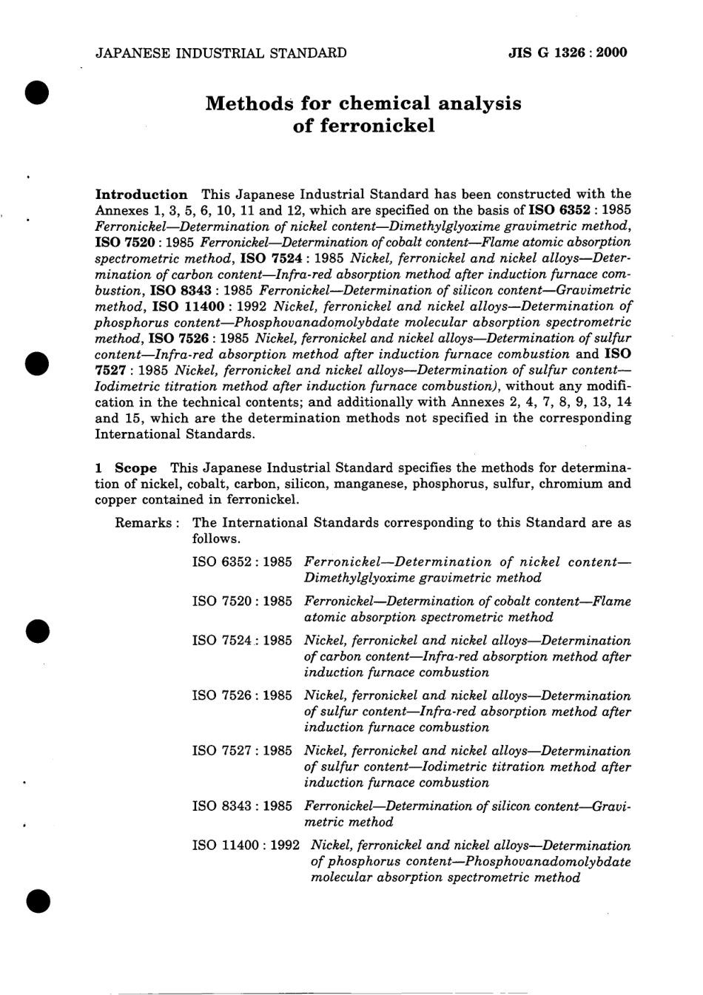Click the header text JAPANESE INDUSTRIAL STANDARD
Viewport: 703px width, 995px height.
(x=221, y=53)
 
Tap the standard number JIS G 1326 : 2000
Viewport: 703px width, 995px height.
(x=568, y=53)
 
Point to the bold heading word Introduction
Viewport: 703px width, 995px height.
(x=142, y=195)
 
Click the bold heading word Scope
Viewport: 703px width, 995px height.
(x=136, y=468)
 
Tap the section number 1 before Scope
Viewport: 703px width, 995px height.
(x=100, y=468)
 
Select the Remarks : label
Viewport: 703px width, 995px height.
(x=148, y=522)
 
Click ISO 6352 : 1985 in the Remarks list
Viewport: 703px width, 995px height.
(x=242, y=561)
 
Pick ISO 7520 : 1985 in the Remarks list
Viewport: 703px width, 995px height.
(x=242, y=601)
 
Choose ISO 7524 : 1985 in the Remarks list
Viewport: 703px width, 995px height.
(x=242, y=640)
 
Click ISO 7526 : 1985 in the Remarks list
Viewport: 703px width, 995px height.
(x=242, y=695)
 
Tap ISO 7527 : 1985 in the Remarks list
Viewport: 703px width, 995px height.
(x=242, y=750)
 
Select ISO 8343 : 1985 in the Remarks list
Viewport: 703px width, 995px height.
(x=242, y=806)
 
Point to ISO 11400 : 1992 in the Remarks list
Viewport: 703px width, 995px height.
(x=246, y=845)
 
